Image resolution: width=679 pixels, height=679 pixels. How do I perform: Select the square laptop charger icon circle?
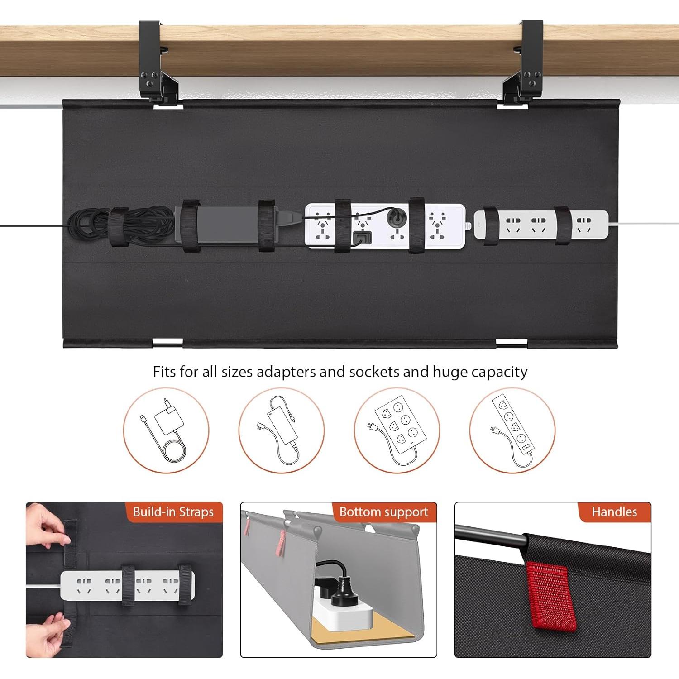point(166,430)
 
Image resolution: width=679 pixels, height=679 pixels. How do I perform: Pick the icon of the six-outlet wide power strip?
point(397,430)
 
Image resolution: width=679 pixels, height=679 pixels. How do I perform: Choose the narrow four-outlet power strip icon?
point(512,430)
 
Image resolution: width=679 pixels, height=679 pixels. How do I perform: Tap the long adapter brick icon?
point(281,430)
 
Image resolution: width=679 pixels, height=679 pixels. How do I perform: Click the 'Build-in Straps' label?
point(173,512)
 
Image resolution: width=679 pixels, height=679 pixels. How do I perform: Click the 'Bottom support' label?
point(383,512)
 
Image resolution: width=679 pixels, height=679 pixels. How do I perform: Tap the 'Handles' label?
point(614,512)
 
